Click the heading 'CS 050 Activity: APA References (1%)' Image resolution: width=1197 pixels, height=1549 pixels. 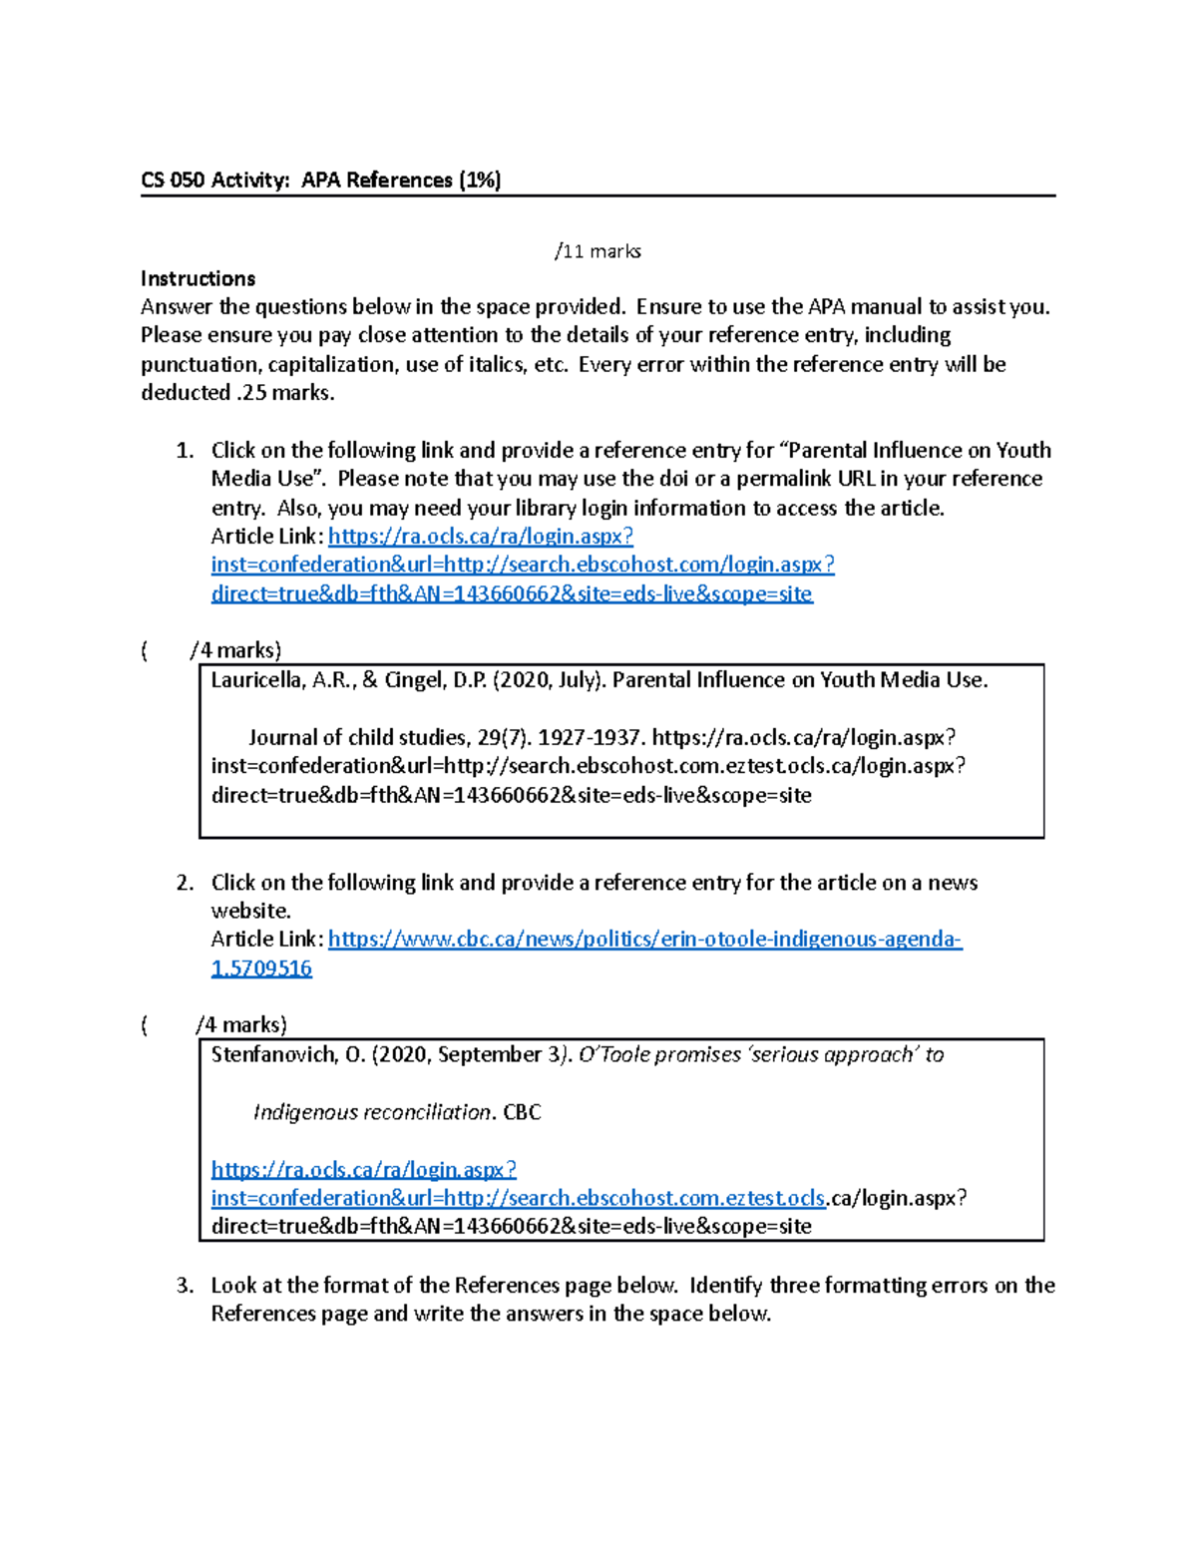320,181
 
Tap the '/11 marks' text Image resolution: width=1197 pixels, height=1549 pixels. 598,251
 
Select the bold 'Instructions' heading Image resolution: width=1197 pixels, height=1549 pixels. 198,279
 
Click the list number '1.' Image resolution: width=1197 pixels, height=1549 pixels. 185,451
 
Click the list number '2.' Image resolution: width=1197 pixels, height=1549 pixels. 185,883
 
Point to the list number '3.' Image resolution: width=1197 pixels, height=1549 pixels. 185,1286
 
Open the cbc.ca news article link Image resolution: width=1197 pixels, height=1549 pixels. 644,940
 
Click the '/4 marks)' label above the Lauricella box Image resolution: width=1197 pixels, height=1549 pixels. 235,651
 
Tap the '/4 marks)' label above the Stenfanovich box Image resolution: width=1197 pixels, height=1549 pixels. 241,1025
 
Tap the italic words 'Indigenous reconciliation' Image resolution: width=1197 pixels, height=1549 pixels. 372,1113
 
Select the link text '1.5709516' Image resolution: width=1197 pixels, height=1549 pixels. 261,968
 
